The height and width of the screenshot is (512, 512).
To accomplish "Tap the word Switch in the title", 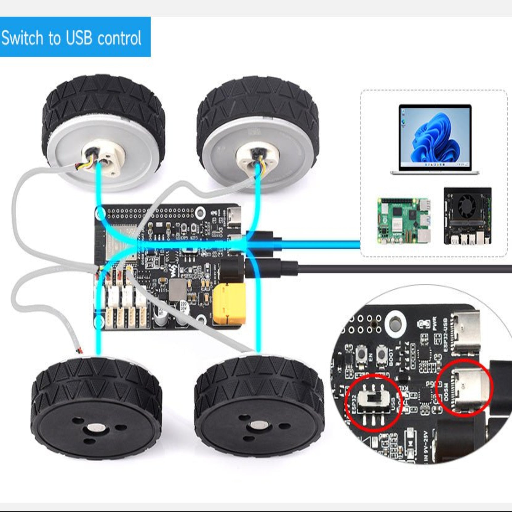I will tap(22, 38).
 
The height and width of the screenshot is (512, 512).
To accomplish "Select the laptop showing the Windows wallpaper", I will tap(435, 139).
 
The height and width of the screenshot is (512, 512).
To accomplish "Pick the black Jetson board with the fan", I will tap(468, 216).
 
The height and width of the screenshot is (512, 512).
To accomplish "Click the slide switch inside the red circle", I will tap(373, 399).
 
